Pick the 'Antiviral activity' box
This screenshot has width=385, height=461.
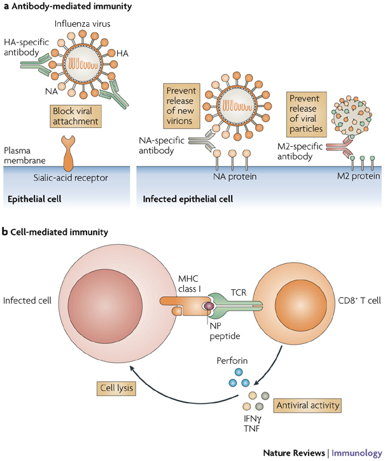pos(304,403)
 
